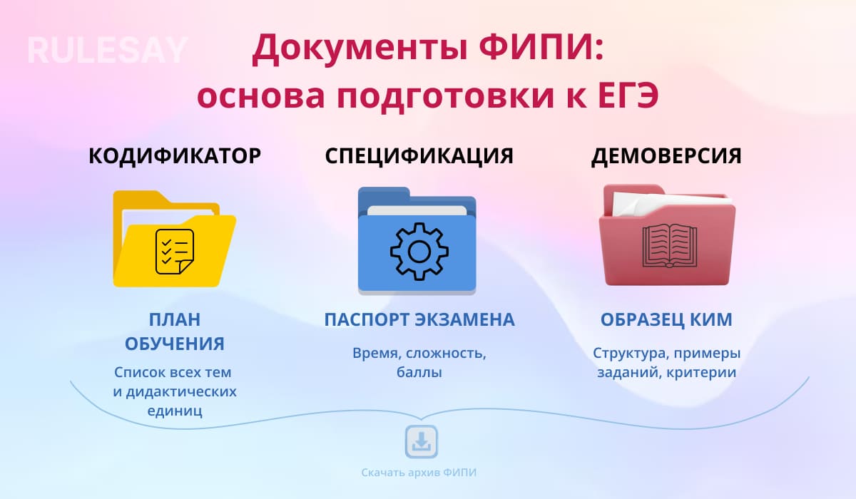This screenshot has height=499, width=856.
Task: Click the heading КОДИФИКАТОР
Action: (x=175, y=156)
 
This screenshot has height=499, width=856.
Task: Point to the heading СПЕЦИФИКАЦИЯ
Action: (x=419, y=156)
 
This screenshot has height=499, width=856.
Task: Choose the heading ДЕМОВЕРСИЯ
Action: (x=666, y=156)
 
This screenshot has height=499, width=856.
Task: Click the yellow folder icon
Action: (x=175, y=238)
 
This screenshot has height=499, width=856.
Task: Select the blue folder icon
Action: (x=417, y=241)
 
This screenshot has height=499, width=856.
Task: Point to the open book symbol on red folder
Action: (x=667, y=246)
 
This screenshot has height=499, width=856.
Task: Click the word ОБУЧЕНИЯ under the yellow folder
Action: (x=175, y=344)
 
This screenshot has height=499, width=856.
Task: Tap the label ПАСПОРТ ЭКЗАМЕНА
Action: (x=419, y=320)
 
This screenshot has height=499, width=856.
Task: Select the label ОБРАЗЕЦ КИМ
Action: (x=666, y=320)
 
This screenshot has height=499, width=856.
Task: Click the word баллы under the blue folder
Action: (x=419, y=372)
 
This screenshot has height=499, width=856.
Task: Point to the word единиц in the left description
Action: (x=175, y=411)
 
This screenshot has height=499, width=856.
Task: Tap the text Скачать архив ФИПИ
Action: (x=419, y=473)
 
